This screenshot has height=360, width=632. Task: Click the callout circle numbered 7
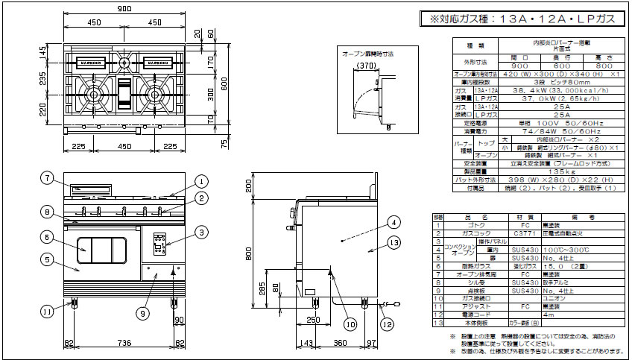tap(46, 178)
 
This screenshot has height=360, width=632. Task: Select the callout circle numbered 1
tap(200, 180)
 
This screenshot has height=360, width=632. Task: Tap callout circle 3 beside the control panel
tap(200, 233)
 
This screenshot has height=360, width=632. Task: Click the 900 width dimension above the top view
tap(123, 7)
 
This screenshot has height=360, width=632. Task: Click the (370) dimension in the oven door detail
tap(366, 66)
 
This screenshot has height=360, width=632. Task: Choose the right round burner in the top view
tap(154, 92)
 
